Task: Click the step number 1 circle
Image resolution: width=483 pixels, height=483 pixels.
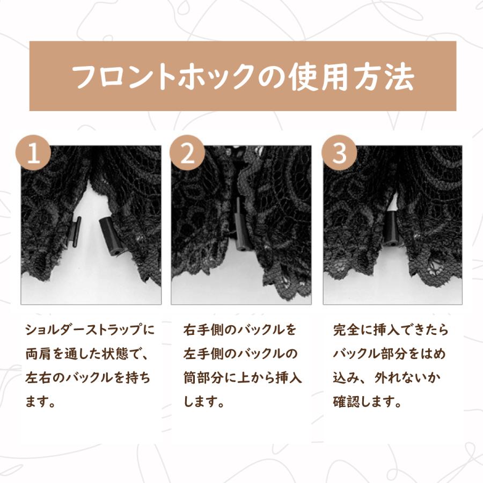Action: [x=34, y=152]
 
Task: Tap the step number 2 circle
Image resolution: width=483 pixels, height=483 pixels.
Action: [x=187, y=152]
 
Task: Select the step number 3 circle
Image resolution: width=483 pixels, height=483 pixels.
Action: [x=339, y=152]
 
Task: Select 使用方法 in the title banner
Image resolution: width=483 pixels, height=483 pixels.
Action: [x=352, y=77]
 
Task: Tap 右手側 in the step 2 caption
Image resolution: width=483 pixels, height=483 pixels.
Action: [x=203, y=330]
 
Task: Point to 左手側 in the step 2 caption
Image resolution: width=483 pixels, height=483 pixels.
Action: [x=203, y=354]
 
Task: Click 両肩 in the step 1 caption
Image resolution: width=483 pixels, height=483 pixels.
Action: [x=39, y=354]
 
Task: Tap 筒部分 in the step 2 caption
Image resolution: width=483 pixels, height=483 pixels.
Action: [x=203, y=378]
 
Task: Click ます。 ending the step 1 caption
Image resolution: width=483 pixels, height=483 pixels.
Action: [x=40, y=401]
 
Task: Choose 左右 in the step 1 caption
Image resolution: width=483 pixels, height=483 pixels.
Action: [x=39, y=378]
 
